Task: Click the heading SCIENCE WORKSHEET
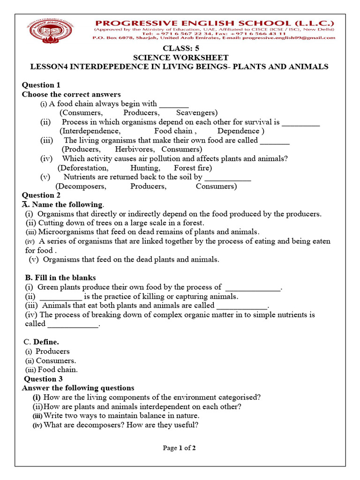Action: (180, 58)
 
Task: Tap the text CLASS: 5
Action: (180, 48)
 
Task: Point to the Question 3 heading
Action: (43, 379)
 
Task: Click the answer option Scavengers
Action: (196, 112)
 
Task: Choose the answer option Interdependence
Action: (90, 131)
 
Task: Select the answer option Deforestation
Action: (83, 167)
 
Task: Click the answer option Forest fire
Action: (193, 167)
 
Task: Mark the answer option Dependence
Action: (240, 131)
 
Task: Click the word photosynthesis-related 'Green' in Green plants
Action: (47, 287)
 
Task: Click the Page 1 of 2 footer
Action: (180, 448)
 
